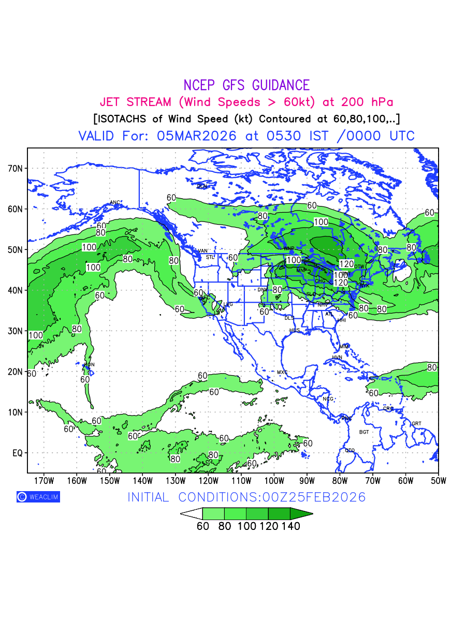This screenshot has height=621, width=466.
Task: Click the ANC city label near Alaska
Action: pos(115,202)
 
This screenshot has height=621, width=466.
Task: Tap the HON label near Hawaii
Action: pos(90,365)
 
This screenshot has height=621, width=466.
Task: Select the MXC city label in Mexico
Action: pos(282,372)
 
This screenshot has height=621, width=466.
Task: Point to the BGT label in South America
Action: pos(364,432)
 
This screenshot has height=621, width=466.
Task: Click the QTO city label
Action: pos(350,450)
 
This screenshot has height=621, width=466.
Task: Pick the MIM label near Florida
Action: pos(344,346)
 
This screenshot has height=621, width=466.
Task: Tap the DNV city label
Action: pos(263,290)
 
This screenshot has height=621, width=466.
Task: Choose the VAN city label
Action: pos(203,251)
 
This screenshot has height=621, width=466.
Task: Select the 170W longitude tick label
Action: pos(43,481)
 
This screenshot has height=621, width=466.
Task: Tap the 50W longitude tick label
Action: pos(438,481)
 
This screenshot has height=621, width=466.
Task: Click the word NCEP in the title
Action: pos(200,85)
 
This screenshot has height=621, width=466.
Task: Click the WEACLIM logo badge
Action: pos(38,497)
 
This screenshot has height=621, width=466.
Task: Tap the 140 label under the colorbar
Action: pos(290,526)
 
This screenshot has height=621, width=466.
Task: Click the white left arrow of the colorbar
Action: pos(191,513)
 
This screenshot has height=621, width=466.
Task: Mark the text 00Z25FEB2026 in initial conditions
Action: pos(314,497)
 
